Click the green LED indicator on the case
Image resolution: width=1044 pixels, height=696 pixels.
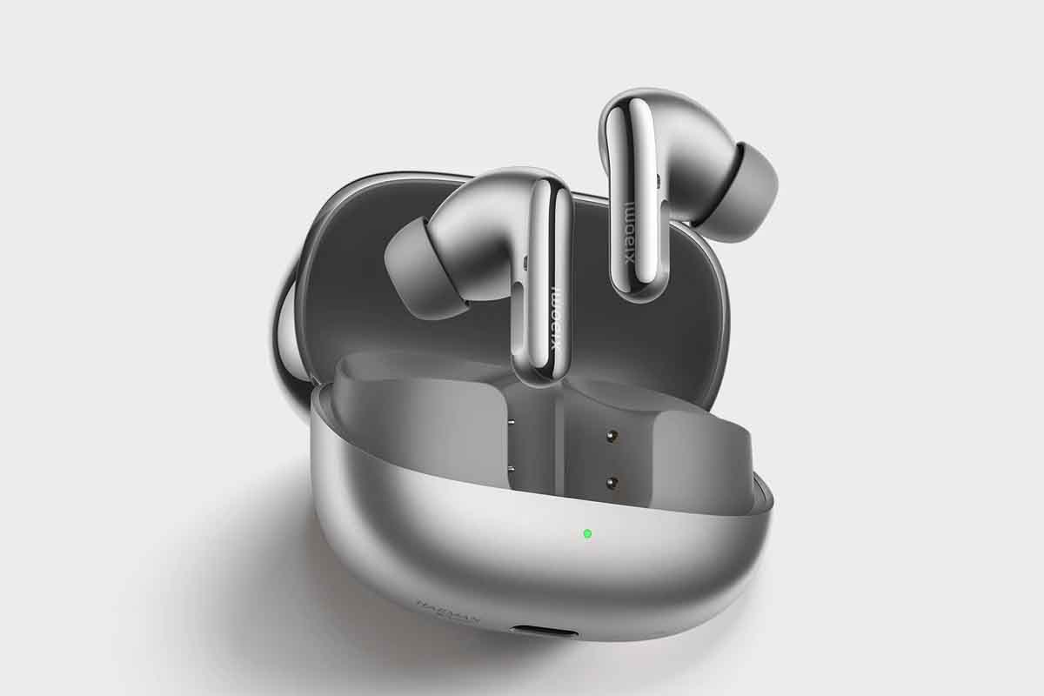point(587,532)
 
